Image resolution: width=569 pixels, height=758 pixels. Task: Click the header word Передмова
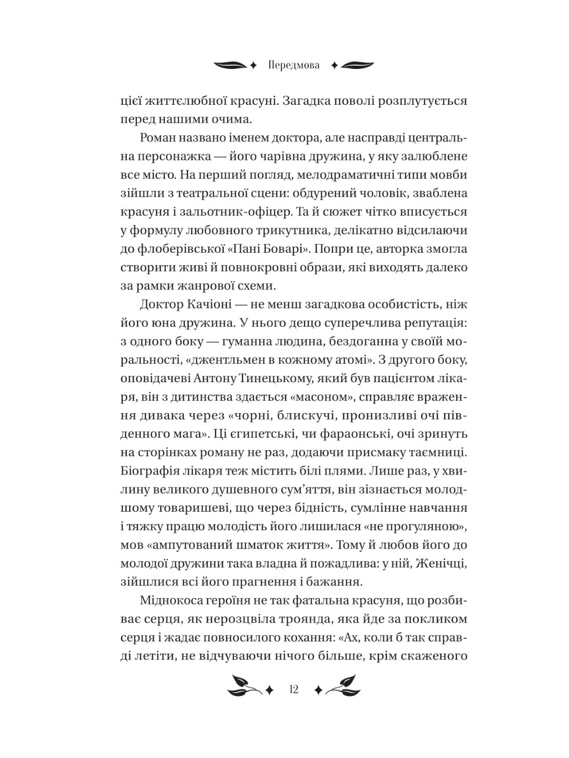tap(294, 65)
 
